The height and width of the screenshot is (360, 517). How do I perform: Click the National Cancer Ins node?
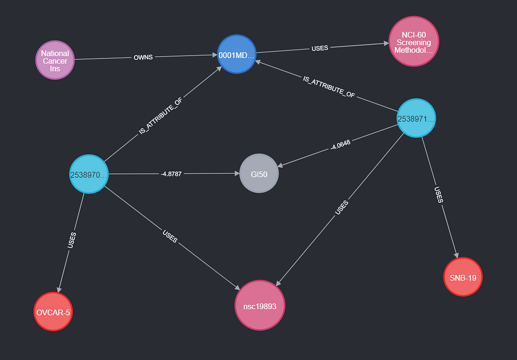click(55, 60)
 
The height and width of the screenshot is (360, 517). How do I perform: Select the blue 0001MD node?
click(237, 54)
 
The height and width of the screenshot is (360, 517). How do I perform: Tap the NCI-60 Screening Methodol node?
click(414, 41)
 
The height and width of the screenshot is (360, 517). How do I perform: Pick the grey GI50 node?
click(259, 173)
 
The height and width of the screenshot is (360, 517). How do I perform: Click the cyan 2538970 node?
click(89, 174)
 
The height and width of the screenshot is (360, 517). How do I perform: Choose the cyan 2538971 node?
click(416, 118)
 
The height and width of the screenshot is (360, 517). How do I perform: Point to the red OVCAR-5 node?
click(53, 312)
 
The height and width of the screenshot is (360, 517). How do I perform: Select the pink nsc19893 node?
click(260, 305)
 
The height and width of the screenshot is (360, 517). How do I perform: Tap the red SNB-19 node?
click(463, 277)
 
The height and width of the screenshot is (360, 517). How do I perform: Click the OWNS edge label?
click(143, 58)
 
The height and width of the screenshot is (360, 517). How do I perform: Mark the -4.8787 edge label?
click(171, 174)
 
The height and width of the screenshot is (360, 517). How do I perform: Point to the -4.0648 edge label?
click(341, 145)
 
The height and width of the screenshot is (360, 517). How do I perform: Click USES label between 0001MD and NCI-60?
click(320, 48)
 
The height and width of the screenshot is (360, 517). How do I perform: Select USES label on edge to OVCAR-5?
click(72, 240)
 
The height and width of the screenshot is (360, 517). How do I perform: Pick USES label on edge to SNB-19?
click(439, 195)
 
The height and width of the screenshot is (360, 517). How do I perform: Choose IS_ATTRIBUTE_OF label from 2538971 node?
click(329, 87)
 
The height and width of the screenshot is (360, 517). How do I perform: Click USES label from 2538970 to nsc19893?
click(170, 236)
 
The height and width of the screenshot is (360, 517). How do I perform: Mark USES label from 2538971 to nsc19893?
click(342, 208)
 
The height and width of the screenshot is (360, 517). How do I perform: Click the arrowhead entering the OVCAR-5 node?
click(59, 289)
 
